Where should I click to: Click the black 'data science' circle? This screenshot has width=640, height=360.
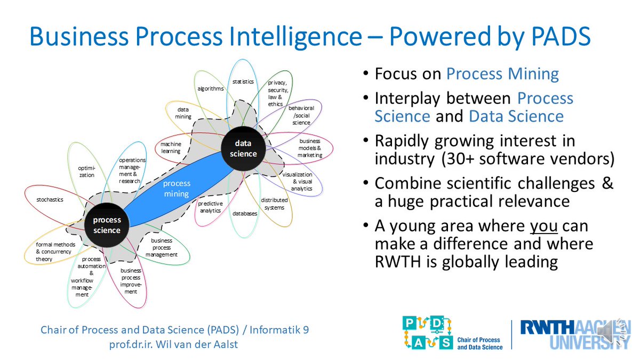(243, 149)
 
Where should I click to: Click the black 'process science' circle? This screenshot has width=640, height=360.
(107, 225)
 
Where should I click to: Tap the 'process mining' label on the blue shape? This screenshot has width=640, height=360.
(177, 189)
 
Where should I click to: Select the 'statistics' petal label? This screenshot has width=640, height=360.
(243, 82)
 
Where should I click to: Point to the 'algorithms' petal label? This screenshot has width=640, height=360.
(211, 89)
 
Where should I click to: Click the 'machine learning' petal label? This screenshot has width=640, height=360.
(171, 148)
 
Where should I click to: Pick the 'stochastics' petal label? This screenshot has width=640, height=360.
(50, 199)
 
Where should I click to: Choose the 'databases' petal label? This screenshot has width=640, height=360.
(245, 213)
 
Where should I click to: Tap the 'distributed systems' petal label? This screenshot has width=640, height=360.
(274, 204)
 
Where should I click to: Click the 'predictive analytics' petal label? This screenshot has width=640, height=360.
(210, 207)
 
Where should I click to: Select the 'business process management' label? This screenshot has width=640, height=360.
(162, 247)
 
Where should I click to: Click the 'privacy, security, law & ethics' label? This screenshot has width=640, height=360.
(278, 93)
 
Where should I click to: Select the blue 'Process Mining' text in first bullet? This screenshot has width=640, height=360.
(502, 74)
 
